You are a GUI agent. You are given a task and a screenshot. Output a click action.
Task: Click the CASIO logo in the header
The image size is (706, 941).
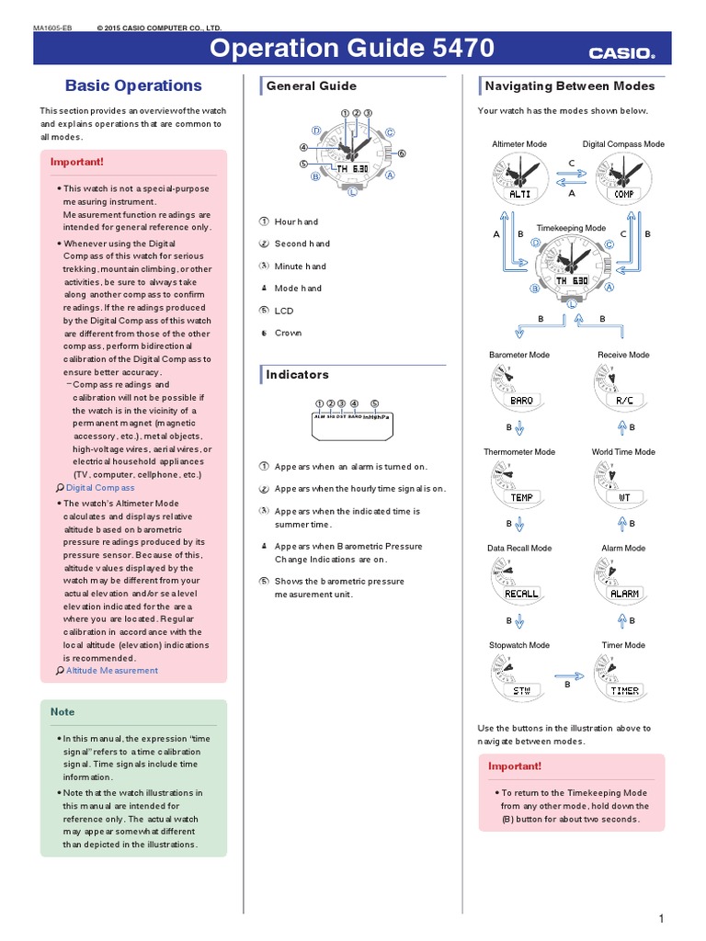point(622,53)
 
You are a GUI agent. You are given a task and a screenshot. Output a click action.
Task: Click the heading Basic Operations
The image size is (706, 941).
point(133,85)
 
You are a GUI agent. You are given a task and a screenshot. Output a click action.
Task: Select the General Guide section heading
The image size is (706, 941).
point(311,85)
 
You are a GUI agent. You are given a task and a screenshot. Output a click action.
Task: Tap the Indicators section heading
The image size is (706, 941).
point(297,375)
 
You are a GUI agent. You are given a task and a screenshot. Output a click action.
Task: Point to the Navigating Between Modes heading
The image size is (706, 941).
point(570,85)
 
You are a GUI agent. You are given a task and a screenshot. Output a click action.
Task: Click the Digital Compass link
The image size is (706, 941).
point(100,488)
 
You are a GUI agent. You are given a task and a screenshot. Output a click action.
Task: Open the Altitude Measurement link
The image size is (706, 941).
point(111,670)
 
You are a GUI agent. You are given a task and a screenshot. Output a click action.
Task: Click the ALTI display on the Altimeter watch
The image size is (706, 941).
point(519,194)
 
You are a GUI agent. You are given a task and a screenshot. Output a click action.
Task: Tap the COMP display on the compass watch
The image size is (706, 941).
point(623,194)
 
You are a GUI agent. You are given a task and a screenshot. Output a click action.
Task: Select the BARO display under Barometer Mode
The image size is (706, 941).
point(520,401)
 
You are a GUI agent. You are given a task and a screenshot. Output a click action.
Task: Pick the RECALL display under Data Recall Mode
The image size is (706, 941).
point(521,594)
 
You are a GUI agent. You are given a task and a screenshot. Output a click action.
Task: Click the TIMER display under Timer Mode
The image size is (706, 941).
point(625,690)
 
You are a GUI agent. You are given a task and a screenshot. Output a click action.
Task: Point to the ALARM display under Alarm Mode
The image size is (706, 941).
point(624,594)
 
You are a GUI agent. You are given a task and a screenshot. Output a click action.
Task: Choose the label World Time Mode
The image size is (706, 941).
point(623,452)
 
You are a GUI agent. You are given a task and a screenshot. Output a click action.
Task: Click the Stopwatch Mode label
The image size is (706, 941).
point(519,645)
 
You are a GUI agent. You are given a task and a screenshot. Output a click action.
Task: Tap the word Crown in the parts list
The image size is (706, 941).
point(288,333)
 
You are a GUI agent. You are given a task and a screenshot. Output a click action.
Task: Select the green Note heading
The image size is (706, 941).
point(63,712)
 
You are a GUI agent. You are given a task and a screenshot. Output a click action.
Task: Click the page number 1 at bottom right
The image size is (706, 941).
point(661,919)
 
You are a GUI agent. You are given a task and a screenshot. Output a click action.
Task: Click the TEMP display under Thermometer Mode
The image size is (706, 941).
point(521,497)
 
